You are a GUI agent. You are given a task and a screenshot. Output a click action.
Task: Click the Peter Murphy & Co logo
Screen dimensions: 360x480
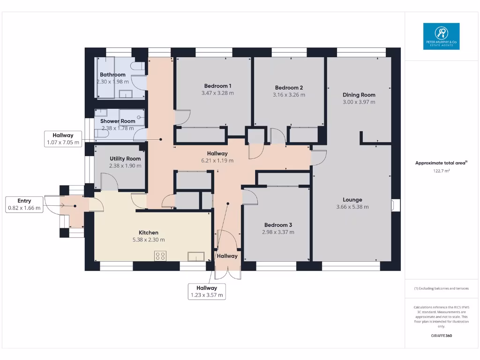(441, 36)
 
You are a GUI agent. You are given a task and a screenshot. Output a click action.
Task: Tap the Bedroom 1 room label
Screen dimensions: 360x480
(217, 86)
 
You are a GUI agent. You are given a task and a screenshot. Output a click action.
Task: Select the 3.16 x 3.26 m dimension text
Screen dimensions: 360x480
(289, 95)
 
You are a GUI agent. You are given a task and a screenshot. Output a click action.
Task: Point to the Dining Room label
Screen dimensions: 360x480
(359, 95)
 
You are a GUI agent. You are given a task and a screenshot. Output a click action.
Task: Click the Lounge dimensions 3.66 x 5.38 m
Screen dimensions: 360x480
(352, 207)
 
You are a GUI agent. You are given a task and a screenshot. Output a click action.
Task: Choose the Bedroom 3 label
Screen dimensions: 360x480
(278, 225)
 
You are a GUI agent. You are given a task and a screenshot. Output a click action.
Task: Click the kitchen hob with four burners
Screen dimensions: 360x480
(160, 255)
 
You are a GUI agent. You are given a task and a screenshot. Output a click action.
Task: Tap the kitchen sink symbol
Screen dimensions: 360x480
(195, 255)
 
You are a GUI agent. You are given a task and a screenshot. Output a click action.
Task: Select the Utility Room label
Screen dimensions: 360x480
(125, 159)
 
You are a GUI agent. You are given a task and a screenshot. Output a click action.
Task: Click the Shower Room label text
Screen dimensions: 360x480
(118, 121)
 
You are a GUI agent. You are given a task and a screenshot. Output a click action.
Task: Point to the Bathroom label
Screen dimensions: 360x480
(112, 75)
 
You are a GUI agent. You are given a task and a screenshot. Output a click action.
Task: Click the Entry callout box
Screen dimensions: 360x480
(24, 204)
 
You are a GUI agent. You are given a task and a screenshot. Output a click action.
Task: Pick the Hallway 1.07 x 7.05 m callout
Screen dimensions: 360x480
(63, 139)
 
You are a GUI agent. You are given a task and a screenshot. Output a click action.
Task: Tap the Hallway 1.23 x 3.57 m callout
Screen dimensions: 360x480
(207, 292)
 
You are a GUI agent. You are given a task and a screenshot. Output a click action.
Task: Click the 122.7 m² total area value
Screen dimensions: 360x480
(441, 171)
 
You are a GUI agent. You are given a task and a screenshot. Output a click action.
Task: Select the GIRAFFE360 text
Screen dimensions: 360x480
(441, 336)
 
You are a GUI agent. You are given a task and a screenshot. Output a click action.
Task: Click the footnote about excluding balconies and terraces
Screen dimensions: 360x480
(441, 288)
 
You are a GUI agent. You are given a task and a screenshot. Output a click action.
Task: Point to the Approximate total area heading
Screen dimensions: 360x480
(441, 163)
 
